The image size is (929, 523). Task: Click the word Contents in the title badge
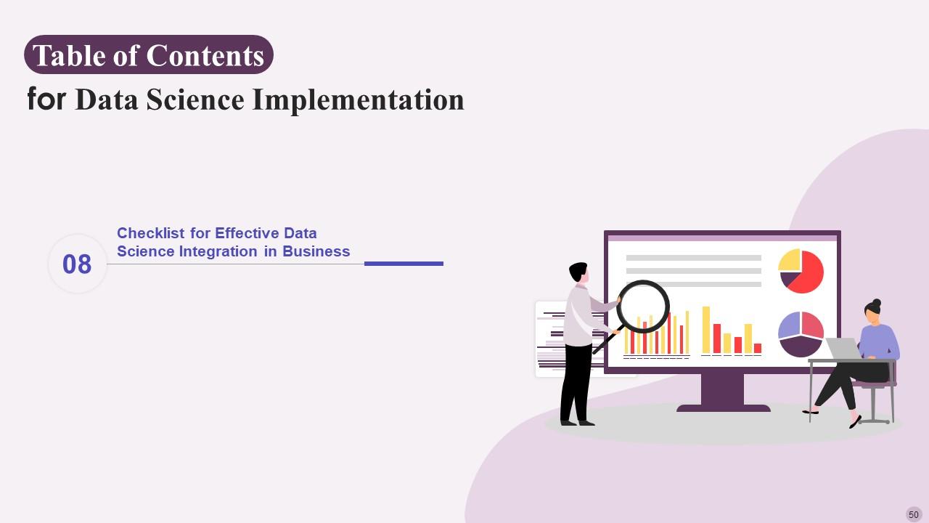(205, 56)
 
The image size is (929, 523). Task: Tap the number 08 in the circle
(77, 264)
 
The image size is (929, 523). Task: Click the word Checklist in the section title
(152, 233)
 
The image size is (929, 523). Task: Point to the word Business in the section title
(316, 251)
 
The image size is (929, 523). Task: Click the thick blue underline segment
(404, 264)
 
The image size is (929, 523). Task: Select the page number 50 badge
(913, 514)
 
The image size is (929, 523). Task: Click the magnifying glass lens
(643, 307)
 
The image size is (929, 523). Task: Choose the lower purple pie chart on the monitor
(801, 334)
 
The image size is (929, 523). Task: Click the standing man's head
(579, 273)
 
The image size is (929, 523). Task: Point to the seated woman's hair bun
(877, 303)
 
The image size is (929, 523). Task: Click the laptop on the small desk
(841, 349)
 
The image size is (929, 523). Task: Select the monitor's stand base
(723, 408)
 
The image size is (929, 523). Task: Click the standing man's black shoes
(577, 422)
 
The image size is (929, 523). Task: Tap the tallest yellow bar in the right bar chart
(705, 330)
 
